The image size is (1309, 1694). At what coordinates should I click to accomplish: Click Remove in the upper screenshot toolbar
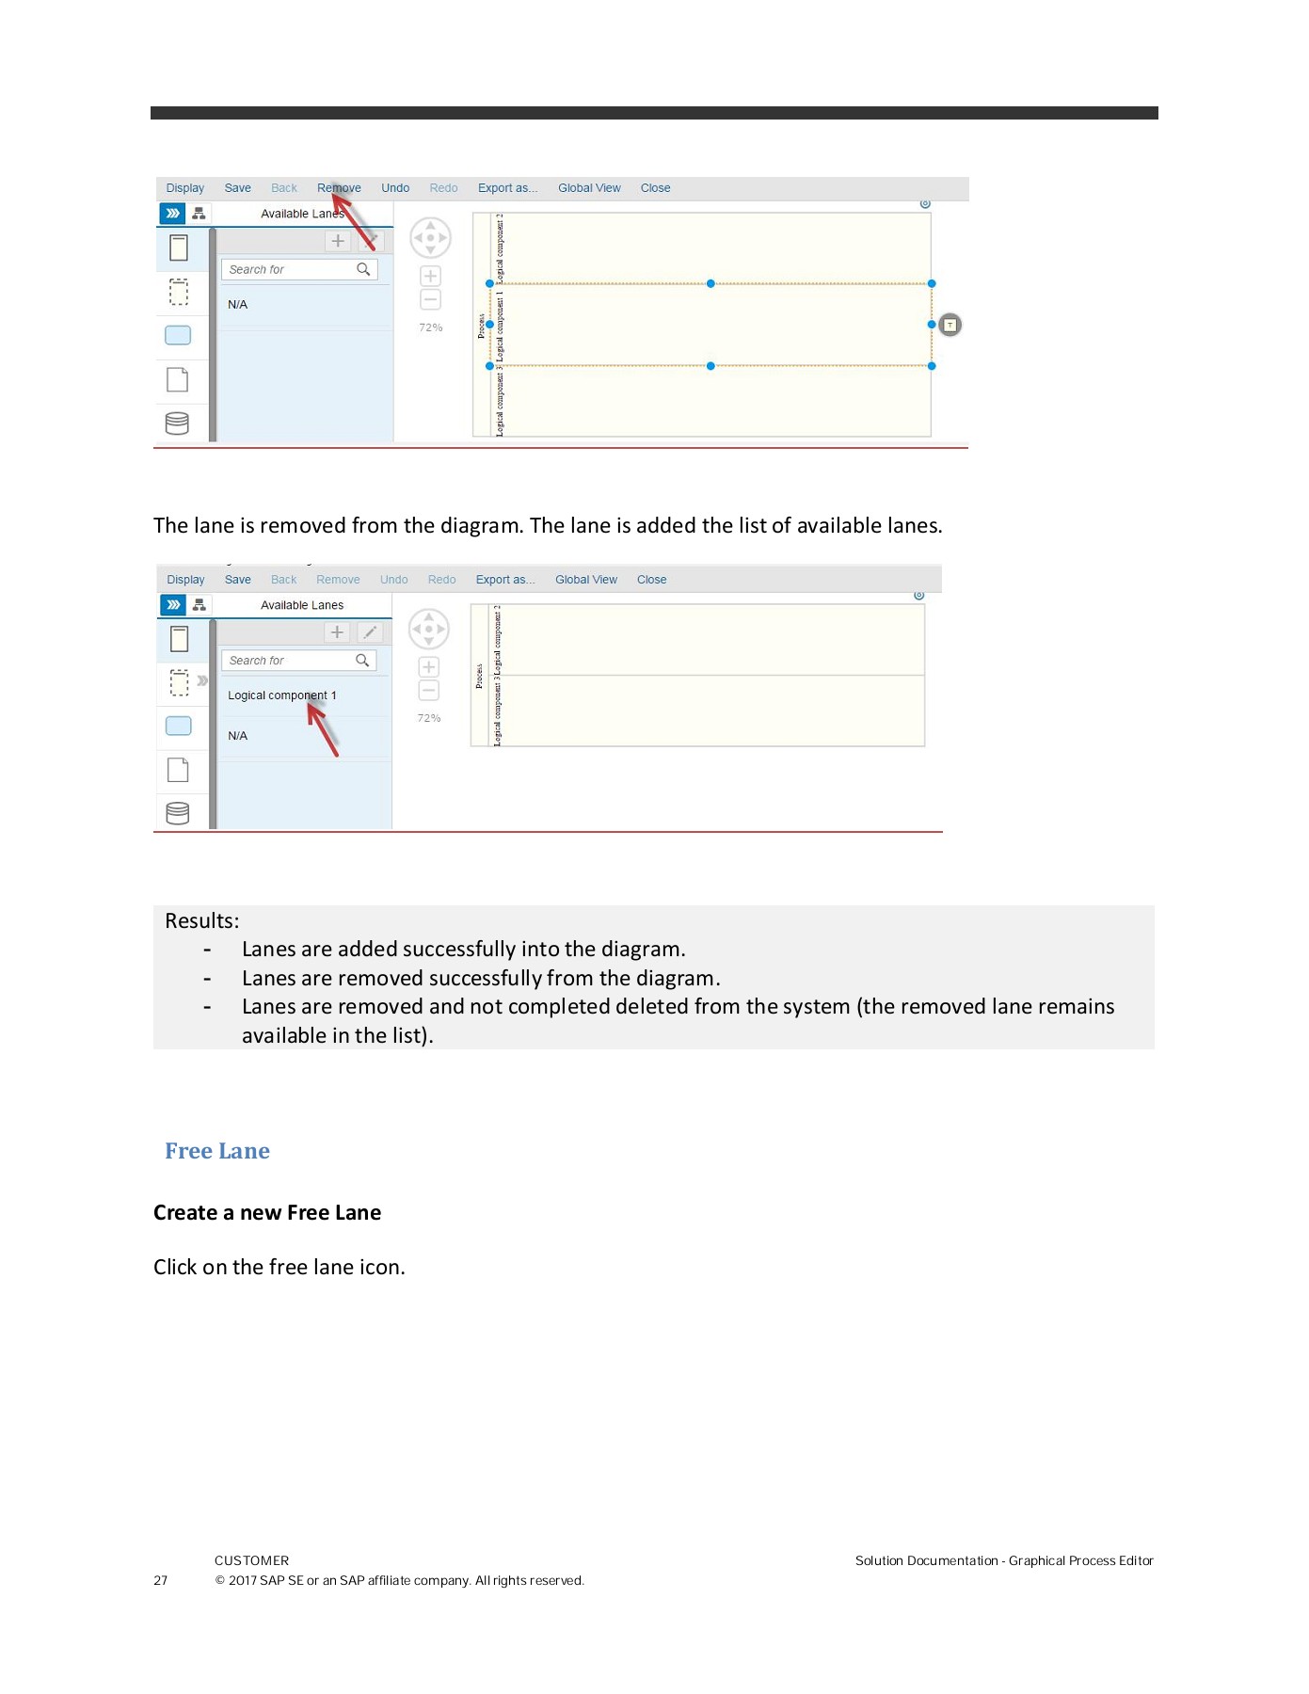point(339,188)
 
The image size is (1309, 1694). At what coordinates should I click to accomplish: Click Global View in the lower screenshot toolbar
point(585,580)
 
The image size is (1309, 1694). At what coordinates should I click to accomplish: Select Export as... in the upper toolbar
point(507,188)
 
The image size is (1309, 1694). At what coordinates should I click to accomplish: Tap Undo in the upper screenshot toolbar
point(395,188)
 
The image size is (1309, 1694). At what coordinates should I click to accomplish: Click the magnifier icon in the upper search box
point(363,269)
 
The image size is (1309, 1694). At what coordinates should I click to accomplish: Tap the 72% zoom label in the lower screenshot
point(429,718)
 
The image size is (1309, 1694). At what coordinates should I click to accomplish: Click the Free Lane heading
point(217,1151)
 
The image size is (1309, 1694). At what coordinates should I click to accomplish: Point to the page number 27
point(161,1580)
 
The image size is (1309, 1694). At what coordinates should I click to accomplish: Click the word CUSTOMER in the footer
point(251,1560)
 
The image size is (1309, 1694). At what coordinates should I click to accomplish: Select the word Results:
point(202,920)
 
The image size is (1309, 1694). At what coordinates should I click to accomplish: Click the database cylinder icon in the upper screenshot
point(177,423)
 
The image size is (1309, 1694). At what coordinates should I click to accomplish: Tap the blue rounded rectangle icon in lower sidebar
point(178,726)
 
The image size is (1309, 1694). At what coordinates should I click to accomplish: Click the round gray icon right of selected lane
point(950,325)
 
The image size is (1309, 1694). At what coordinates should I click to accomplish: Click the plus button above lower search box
point(337,632)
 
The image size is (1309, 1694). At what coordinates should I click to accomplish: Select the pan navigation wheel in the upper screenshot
point(430,238)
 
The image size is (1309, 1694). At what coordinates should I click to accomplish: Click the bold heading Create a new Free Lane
point(267,1212)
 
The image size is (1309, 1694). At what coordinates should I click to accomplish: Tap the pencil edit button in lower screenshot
point(370,632)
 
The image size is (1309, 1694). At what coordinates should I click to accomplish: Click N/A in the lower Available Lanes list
point(237,736)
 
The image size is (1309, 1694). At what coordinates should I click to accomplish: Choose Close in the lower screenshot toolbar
point(651,580)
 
